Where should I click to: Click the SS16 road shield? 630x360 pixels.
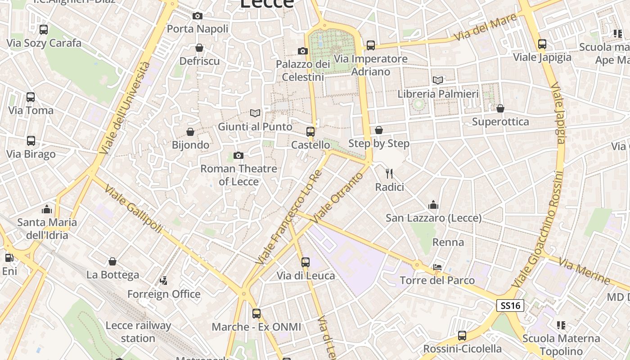pos(510,306)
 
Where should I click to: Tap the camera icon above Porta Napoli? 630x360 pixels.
pos(197,16)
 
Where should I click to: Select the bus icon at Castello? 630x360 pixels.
pos(310,131)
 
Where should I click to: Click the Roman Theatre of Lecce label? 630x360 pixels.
pos(238,175)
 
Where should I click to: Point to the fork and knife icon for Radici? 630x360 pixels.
pos(389,173)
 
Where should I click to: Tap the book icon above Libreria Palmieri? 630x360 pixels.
pos(437,81)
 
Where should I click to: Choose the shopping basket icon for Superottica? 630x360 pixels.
pos(500,108)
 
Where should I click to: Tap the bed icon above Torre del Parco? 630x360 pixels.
pos(437,267)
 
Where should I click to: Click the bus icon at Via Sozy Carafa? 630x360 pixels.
pos(44,30)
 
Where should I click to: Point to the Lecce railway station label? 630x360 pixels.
pos(138,332)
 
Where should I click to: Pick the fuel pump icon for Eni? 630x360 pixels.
pos(9,258)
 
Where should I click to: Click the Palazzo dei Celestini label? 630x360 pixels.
pos(303,71)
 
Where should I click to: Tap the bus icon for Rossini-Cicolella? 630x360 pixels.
pos(462,335)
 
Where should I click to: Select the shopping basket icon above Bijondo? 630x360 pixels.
pos(190,132)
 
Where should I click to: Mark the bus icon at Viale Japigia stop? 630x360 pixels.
pos(542,44)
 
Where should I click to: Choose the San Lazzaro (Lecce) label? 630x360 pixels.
pos(433,218)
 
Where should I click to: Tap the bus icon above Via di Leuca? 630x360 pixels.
pos(306,262)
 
